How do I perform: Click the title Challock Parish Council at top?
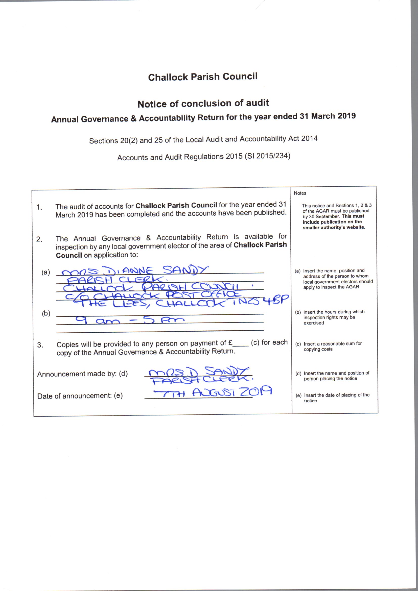pos(203,77)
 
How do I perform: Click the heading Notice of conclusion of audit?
pos(203,104)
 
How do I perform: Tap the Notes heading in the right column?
pos(300,193)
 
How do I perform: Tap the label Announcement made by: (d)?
pos(82,374)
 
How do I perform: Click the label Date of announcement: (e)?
pos(80,396)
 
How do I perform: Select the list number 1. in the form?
pos(39,207)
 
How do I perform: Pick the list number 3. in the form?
pos(40,345)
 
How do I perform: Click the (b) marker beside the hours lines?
pos(46,313)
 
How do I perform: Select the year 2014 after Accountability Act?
pos(309,138)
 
